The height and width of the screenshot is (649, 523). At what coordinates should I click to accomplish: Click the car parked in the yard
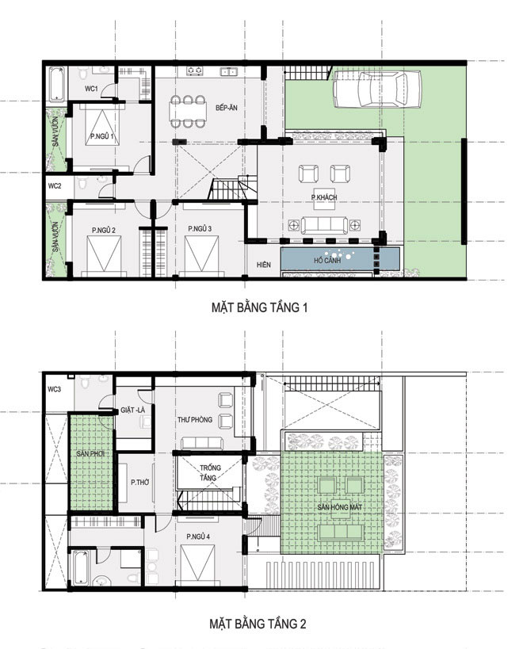click(377, 89)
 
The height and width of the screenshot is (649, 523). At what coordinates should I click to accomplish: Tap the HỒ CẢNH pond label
click(326, 261)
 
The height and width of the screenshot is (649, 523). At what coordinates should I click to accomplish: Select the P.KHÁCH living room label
click(324, 197)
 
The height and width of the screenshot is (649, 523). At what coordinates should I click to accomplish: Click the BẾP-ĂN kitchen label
click(227, 108)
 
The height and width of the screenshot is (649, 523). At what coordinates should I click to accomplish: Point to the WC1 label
click(91, 89)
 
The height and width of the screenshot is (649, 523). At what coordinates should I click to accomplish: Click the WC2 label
click(55, 186)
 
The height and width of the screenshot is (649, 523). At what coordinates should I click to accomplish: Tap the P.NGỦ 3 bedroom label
click(200, 228)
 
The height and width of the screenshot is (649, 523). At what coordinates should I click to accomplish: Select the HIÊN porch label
click(264, 265)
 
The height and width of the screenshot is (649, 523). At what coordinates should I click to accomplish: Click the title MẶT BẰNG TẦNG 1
click(259, 307)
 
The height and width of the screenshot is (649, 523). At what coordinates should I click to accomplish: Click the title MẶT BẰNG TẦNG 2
click(258, 624)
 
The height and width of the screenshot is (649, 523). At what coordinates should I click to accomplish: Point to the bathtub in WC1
click(56, 85)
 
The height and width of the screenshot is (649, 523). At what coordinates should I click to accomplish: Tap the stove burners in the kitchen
click(194, 71)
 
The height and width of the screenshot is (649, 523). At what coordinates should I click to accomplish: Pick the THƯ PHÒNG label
click(195, 419)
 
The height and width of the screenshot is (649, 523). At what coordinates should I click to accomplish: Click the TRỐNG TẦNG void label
click(210, 472)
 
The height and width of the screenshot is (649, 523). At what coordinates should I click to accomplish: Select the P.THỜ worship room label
click(139, 483)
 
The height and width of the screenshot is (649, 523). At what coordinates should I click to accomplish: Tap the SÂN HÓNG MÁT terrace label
click(340, 507)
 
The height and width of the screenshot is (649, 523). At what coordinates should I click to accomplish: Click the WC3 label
click(54, 389)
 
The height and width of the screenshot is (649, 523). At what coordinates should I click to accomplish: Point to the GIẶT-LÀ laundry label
click(133, 410)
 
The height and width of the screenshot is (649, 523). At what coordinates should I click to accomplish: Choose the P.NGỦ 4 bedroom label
click(198, 536)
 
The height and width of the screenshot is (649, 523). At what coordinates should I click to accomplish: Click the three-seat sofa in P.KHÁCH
click(324, 225)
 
